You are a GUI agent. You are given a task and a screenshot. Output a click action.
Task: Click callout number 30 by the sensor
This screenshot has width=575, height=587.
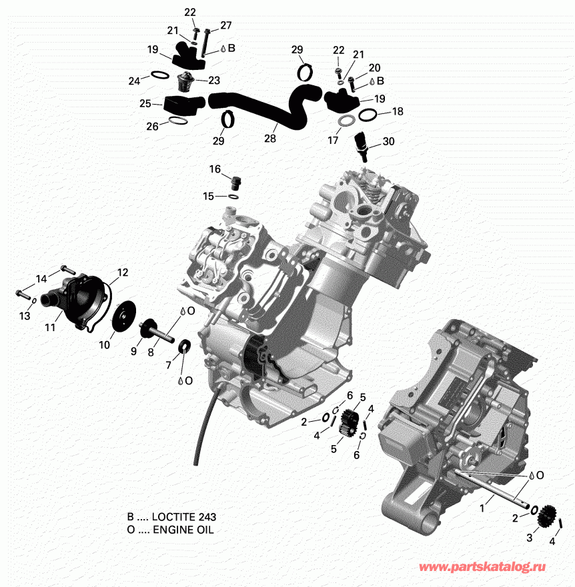tap(388, 141)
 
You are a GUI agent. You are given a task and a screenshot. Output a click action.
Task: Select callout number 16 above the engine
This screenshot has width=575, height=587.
tap(215, 169)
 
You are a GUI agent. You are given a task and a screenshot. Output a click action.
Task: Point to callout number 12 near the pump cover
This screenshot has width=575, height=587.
tap(122, 272)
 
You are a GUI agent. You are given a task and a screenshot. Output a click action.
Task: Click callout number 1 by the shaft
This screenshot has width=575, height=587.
tap(482, 507)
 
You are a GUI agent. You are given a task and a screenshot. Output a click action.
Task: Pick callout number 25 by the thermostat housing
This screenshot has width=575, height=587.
tap(145, 103)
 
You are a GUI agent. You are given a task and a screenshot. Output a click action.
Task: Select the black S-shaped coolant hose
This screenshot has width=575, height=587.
tap(267, 110)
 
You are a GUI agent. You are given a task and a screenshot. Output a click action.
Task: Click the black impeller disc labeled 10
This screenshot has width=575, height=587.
tap(121, 316)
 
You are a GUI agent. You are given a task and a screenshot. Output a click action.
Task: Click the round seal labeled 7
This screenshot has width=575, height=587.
tap(184, 347)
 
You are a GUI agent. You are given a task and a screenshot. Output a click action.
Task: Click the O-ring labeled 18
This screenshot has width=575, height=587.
tap(368, 116)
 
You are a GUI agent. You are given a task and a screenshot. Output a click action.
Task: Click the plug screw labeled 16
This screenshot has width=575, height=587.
tap(235, 182)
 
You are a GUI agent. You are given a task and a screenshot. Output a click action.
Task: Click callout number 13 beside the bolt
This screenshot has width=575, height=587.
tap(25, 316)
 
